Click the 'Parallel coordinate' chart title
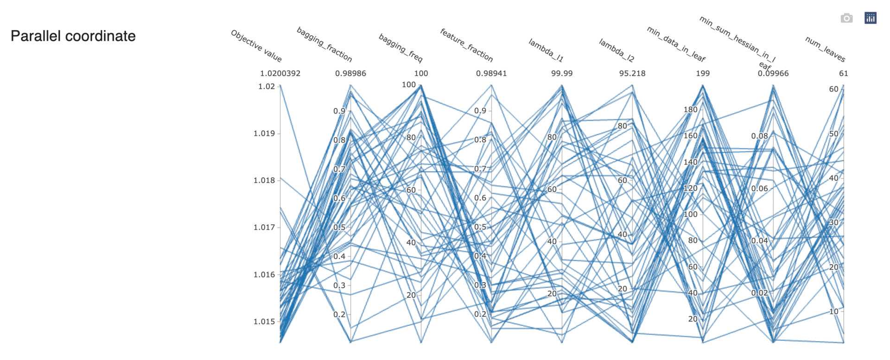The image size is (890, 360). [73, 36]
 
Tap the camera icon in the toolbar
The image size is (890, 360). [846, 18]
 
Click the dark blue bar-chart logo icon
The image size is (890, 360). [870, 18]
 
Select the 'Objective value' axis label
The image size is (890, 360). [256, 46]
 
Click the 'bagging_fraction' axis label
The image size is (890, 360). [324, 45]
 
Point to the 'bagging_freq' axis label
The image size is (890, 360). [401, 48]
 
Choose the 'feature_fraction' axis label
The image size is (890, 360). [466, 45]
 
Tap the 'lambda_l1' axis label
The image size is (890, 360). [546, 50]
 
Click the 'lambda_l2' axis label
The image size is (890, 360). [617, 50]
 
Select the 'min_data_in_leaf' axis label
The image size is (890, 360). [676, 44]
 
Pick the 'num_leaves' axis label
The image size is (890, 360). [826, 49]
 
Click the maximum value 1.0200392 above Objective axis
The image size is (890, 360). [280, 73]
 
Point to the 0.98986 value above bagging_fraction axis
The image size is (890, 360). [350, 73]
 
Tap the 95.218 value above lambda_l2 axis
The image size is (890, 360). [632, 73]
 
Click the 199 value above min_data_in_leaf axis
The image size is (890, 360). [703, 73]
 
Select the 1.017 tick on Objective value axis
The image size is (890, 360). [264, 227]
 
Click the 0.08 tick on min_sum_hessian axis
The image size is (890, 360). [759, 136]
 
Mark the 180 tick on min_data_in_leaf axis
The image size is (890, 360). [690, 109]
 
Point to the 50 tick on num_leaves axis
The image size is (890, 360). [833, 134]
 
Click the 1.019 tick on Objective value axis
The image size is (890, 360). [264, 133]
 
